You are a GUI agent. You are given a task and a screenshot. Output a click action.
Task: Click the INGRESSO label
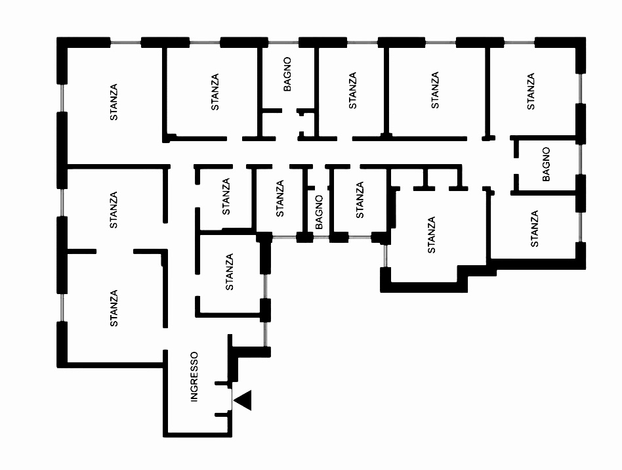pos(194,377)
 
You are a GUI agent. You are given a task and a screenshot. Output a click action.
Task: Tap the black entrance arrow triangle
pos(243,400)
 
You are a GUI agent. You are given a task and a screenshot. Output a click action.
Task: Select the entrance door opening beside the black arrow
pos(231,400)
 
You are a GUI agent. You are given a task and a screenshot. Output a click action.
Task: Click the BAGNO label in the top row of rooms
pos(287,74)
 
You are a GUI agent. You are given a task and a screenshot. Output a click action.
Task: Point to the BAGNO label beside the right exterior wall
pos(547,164)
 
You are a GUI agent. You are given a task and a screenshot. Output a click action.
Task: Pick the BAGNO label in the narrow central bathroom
pos(319,212)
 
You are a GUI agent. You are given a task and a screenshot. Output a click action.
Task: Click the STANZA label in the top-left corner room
pos(114,102)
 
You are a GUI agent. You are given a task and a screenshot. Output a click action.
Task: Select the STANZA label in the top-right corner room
pos(531,91)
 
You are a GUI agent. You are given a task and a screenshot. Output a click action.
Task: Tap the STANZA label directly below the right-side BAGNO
pos(535,228)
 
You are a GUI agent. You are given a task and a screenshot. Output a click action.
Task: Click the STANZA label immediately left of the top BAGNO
pos(215,92)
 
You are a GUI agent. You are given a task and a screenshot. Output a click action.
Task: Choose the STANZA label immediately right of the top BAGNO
pos(352,91)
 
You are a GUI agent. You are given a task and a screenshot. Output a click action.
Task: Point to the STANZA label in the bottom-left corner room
pos(114,309)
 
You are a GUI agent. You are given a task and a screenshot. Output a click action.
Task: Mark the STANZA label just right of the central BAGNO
pos(360,200)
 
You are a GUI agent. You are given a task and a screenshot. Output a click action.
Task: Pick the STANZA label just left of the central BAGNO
pos(280,198)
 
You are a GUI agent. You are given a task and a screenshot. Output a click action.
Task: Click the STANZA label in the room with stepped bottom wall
pos(432,235)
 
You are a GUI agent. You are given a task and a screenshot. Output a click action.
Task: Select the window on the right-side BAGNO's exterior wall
pos(581,159)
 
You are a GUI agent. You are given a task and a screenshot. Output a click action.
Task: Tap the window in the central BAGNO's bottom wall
pos(321,238)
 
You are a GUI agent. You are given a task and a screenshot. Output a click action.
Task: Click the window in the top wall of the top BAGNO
pos(283,41)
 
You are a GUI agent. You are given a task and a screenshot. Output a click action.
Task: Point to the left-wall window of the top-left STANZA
pos(62,98)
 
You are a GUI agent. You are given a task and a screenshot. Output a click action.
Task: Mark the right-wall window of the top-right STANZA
pos(581,89)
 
